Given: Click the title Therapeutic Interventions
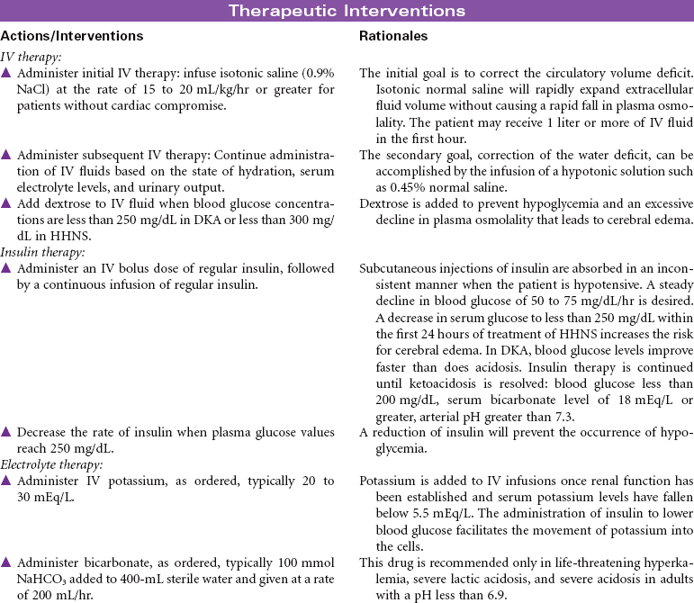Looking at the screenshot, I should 347,11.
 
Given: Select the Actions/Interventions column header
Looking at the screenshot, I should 72,37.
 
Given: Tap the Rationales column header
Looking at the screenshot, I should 393,37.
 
